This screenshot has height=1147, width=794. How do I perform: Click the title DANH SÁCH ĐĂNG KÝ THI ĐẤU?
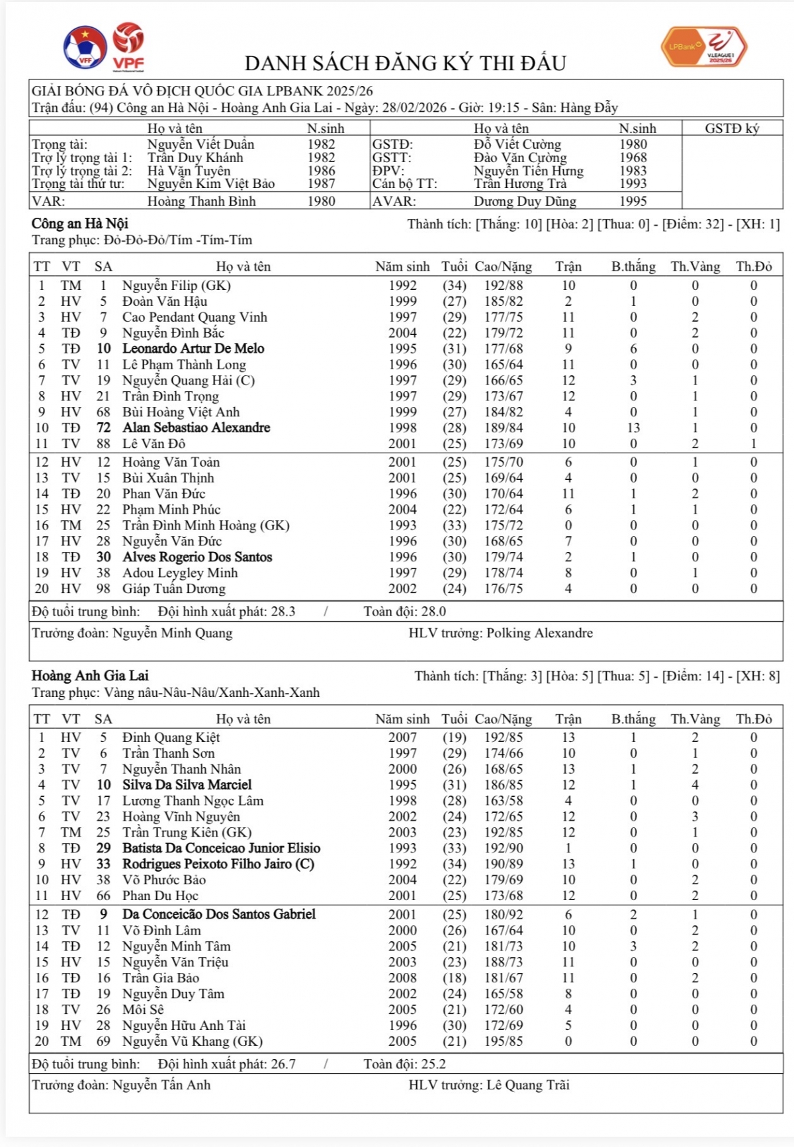click(405, 64)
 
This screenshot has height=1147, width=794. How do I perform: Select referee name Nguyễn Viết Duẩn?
click(200, 144)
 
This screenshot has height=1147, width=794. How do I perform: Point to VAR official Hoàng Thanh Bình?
click(201, 201)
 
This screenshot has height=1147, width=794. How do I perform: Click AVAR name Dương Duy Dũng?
click(525, 201)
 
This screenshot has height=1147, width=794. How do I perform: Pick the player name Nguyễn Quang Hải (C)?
click(188, 381)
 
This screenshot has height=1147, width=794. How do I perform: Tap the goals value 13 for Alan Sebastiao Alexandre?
click(633, 428)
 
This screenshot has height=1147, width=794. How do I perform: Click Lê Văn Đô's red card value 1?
click(753, 444)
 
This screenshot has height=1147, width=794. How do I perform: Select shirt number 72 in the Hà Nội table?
click(103, 428)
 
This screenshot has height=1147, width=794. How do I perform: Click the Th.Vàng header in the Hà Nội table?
click(695, 267)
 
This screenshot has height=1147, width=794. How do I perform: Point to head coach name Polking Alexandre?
click(539, 633)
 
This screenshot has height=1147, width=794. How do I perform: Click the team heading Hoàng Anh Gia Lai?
click(90, 676)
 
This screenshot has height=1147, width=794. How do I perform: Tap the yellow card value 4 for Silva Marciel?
click(695, 785)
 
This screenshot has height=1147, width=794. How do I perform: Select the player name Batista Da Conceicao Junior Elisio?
click(221, 849)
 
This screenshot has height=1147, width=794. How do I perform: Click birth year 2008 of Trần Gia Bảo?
click(402, 978)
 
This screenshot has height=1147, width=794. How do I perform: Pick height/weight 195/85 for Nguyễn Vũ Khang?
click(503, 1042)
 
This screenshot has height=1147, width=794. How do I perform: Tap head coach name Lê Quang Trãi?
click(527, 1085)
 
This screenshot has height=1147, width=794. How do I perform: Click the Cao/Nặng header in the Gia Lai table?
click(503, 719)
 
